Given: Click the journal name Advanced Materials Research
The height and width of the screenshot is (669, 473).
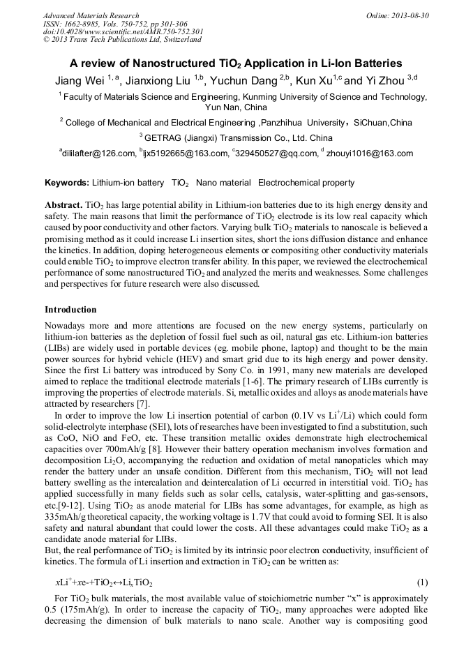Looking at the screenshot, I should pos(91,15).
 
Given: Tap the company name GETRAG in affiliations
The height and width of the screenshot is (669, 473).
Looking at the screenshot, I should pos(165,138).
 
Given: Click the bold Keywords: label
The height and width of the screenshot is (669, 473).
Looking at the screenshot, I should pos(67,183).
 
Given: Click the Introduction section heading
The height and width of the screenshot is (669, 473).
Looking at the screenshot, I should pos(70,310).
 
